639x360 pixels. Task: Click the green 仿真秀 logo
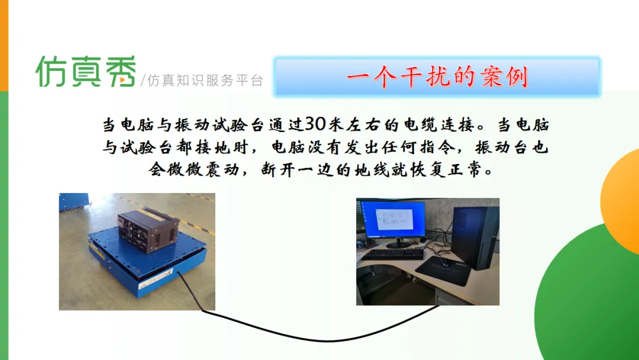coord(86,71)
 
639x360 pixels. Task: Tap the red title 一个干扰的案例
coord(437,76)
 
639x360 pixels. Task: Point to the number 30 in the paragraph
coord(315,124)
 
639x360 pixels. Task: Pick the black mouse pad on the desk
coord(443,271)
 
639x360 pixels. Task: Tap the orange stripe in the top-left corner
coord(4,45)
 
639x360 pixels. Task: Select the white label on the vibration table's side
coord(156,280)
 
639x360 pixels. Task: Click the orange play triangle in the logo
coord(123,81)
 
